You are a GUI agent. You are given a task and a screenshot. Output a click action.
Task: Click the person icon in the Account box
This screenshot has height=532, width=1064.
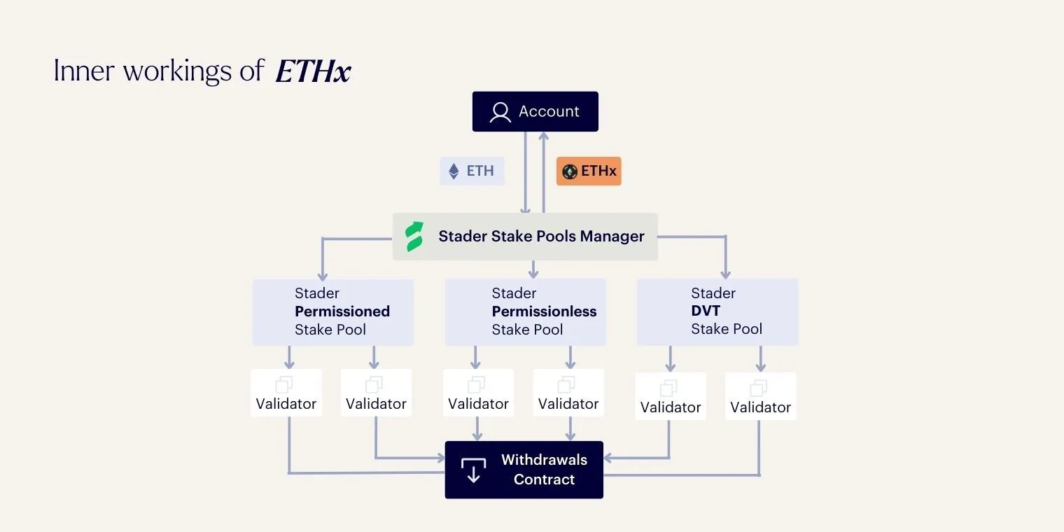(x=500, y=112)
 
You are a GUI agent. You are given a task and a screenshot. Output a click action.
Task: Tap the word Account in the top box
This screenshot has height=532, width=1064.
(x=549, y=112)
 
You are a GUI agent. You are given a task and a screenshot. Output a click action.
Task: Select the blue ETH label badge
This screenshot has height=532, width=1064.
(x=472, y=171)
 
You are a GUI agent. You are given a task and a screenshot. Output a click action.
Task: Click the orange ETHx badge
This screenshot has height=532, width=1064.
(x=589, y=171)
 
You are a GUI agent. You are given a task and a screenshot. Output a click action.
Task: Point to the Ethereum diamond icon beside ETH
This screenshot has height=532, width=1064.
(x=454, y=171)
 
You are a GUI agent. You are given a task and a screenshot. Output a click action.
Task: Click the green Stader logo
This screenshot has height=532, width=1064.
(x=415, y=237)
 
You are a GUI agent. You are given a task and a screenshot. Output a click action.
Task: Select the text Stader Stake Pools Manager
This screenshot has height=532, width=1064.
(x=541, y=237)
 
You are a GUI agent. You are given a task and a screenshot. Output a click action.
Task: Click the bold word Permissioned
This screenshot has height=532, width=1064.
(x=342, y=311)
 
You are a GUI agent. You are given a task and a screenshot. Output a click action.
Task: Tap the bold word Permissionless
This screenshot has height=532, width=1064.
(x=544, y=311)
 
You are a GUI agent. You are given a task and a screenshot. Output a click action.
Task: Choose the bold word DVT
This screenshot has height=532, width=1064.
(x=706, y=311)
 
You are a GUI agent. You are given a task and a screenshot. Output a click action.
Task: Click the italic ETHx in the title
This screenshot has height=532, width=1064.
(x=313, y=71)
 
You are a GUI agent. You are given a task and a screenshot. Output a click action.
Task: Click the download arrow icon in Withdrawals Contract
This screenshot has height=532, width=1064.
(x=473, y=470)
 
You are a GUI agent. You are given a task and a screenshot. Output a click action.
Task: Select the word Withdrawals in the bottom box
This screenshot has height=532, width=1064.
(x=544, y=460)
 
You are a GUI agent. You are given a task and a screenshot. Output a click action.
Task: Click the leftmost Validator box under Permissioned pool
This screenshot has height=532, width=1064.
(x=286, y=393)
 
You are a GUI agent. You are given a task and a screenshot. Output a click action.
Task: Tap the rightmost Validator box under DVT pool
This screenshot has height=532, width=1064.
(x=760, y=396)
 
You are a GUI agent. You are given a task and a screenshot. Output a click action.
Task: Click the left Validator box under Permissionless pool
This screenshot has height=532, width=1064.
(x=478, y=393)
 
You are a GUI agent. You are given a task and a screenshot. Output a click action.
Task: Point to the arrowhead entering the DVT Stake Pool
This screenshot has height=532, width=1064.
(x=725, y=274)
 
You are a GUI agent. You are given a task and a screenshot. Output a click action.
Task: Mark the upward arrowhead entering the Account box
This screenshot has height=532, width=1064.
(x=543, y=136)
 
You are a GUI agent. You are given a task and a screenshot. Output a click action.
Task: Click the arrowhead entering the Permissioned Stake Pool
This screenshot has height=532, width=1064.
(x=323, y=274)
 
